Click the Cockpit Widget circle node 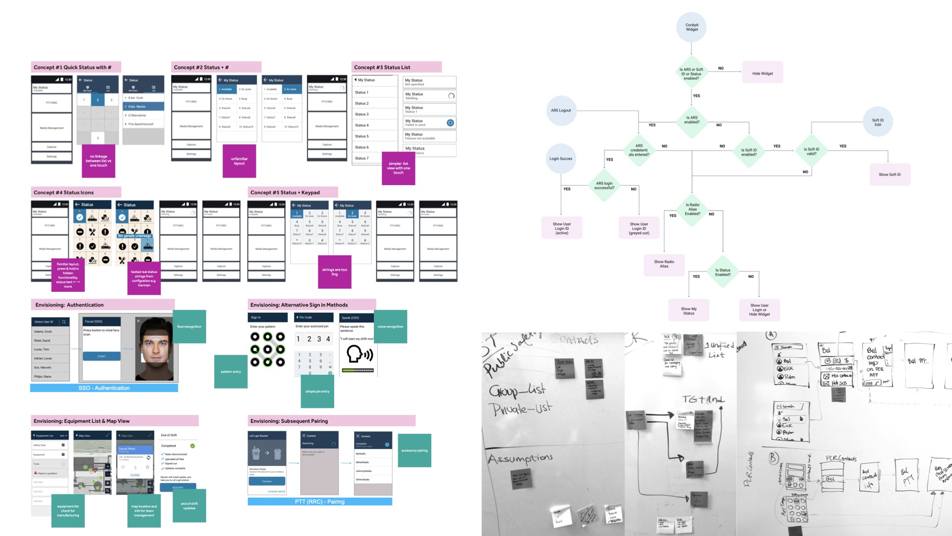pos(692,27)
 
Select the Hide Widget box pos(763,73)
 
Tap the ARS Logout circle pos(561,111)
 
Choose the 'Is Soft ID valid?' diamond pos(811,151)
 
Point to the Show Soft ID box pos(890,175)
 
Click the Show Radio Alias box pos(664,265)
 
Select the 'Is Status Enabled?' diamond pos(722,272)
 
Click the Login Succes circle pos(561,159)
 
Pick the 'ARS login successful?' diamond pos(604,186)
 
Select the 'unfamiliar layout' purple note pos(239,161)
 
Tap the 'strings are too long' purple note pos(335,272)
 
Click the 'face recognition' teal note pos(189,327)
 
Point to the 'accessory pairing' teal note pos(415,451)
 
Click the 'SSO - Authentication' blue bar pos(104,388)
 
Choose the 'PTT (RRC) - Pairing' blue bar pos(320,502)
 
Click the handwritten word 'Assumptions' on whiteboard pos(520,458)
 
